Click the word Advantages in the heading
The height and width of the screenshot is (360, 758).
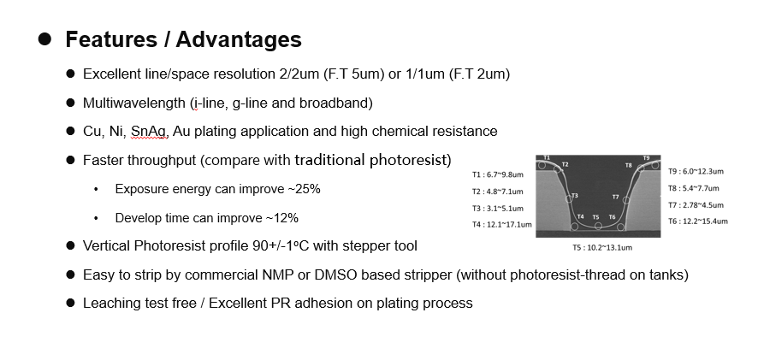pyautogui.click(x=239, y=39)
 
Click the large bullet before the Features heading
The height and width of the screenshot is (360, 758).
pyautogui.click(x=44, y=39)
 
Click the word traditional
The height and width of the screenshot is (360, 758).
pyautogui.click(x=330, y=160)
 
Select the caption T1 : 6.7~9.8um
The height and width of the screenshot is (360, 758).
pyautogui.click(x=498, y=174)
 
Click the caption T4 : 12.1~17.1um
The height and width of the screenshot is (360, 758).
pyautogui.click(x=502, y=224)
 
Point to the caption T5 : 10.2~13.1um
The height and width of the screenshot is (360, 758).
pyautogui.click(x=602, y=247)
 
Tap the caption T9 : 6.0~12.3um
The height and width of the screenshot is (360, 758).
pyautogui.click(x=696, y=171)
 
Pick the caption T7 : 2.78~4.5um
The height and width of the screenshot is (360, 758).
pyautogui.click(x=696, y=205)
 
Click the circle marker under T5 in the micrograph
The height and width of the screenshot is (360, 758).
pyautogui.click(x=598, y=226)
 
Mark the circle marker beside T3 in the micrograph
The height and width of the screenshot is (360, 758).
pyautogui.click(x=569, y=199)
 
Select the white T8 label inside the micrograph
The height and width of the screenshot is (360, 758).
pyautogui.click(x=629, y=165)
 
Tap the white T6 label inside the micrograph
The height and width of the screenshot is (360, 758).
pyautogui.click(x=612, y=217)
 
